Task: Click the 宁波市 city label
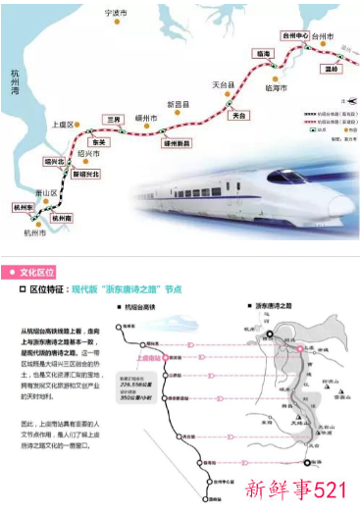pyautogui.click(x=117, y=13)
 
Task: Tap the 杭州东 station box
pyautogui.click(x=23, y=208)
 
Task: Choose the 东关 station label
pyautogui.click(x=97, y=141)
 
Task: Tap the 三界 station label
pyautogui.click(x=114, y=119)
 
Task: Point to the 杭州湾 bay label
pyautogui.click(x=10, y=84)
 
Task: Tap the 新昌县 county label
pyautogui.click(x=178, y=103)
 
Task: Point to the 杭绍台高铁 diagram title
pyautogui.click(x=152, y=310)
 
